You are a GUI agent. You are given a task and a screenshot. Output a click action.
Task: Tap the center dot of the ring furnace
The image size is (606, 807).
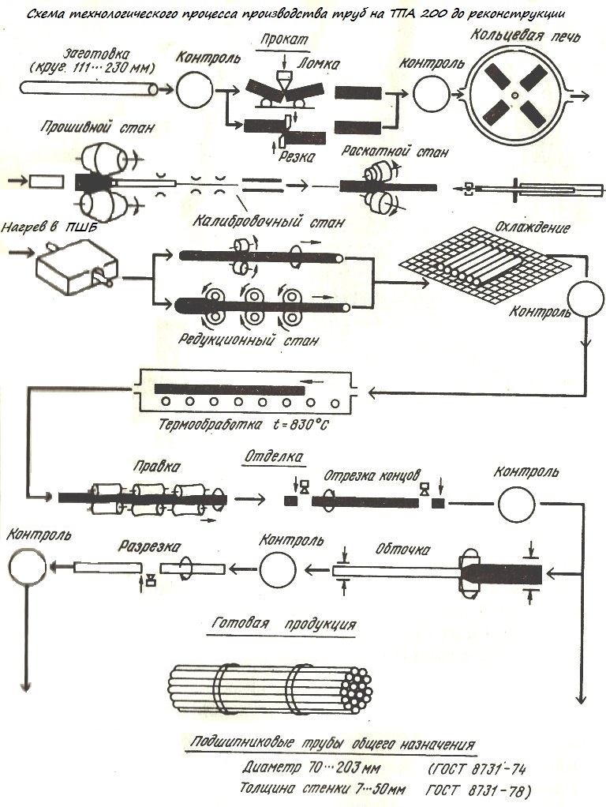[514, 96]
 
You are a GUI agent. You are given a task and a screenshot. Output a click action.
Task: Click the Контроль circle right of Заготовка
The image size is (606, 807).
[192, 91]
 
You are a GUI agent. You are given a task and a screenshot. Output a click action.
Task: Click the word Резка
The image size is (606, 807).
[297, 156]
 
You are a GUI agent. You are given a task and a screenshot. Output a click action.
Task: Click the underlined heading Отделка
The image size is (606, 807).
[271, 456]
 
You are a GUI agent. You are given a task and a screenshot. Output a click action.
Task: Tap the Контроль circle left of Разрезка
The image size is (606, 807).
[277, 569]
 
